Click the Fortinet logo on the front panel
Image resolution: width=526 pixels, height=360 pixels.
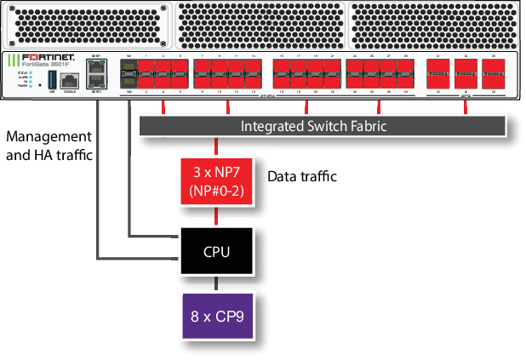pyautogui.click(x=42, y=57)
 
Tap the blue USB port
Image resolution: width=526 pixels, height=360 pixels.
pyautogui.click(x=53, y=79)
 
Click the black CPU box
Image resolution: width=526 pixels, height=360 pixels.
pyautogui.click(x=216, y=252)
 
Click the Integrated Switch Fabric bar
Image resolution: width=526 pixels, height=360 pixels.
pyautogui.click(x=323, y=126)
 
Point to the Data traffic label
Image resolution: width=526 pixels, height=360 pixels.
pyautogui.click(x=302, y=177)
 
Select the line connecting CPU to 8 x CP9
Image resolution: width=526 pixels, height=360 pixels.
pyautogui.click(x=216, y=283)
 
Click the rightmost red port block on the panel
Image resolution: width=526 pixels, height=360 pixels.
pyautogui.click(x=494, y=75)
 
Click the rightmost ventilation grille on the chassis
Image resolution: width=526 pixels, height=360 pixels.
pyautogui.click(x=435, y=24)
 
